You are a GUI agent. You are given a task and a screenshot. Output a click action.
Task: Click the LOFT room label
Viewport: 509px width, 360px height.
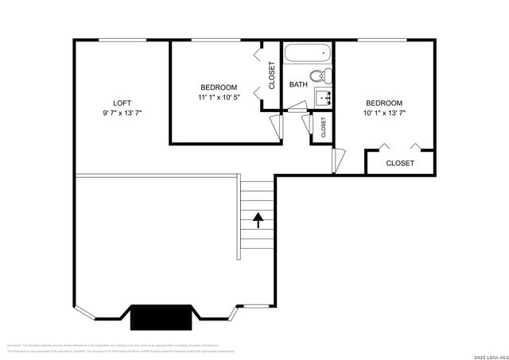click(x=122, y=103)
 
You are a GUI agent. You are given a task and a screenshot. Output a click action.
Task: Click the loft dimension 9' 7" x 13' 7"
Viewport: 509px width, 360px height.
click(x=122, y=113)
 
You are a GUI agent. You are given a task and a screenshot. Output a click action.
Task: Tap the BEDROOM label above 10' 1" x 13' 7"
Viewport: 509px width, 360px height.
click(x=384, y=103)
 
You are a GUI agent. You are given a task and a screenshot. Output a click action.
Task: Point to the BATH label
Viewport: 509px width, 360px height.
click(x=298, y=84)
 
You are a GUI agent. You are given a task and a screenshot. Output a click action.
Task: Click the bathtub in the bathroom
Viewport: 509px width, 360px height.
click(x=307, y=55)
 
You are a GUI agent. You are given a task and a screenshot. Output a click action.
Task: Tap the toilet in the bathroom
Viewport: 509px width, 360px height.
click(x=317, y=77)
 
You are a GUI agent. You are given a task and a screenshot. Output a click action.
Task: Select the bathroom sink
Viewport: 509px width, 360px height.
click(x=324, y=99)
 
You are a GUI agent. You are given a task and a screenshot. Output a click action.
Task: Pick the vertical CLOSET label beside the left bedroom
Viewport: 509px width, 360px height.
click(x=271, y=75)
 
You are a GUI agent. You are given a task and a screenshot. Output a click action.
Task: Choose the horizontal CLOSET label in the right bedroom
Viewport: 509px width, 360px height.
click(x=400, y=163)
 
